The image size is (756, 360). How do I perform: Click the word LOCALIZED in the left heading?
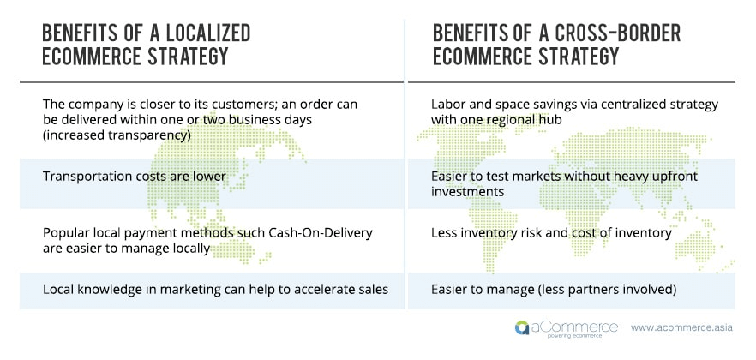click(208, 33)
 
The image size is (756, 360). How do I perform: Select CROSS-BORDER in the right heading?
click(619, 33)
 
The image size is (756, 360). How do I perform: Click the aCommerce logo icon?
click(521, 327)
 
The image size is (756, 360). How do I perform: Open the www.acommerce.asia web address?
click(681, 327)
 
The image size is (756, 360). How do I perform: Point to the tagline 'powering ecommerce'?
click(574, 336)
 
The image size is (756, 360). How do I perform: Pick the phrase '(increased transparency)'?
click(117, 136)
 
